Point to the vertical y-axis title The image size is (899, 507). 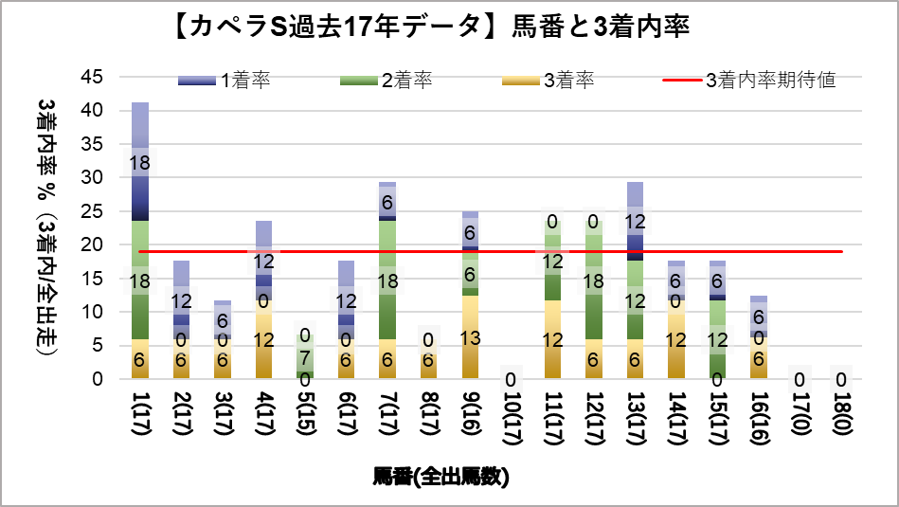46,227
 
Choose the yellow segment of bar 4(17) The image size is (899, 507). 263,339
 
